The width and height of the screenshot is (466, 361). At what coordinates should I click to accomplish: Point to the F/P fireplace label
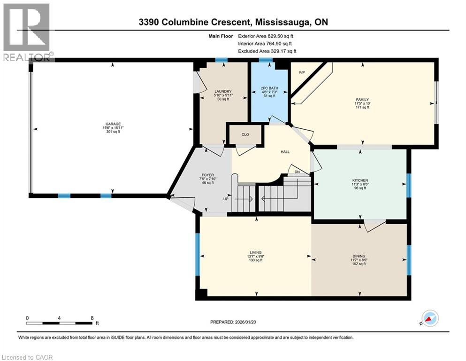point(302,72)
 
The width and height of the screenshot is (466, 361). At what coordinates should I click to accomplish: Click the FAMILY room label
point(362,99)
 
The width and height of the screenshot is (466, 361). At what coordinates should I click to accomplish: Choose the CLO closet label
point(244,134)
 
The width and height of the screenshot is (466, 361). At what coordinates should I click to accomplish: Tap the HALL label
point(285,152)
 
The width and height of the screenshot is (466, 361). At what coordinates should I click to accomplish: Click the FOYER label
point(207,175)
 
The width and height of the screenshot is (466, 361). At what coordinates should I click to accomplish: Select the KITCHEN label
point(360,180)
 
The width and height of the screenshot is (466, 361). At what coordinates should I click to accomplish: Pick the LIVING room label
point(256,252)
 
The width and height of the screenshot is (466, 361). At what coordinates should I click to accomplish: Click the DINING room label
point(359,256)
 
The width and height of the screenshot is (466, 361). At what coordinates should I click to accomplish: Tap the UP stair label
point(226,198)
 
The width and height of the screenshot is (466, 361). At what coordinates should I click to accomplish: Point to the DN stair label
point(296,172)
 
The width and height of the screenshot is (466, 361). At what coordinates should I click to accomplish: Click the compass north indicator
point(429,318)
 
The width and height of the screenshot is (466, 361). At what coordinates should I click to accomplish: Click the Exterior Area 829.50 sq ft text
point(267,35)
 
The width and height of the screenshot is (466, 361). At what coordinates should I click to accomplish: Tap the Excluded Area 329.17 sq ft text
point(267,51)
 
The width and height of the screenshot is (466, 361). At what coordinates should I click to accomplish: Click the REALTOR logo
point(26,32)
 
